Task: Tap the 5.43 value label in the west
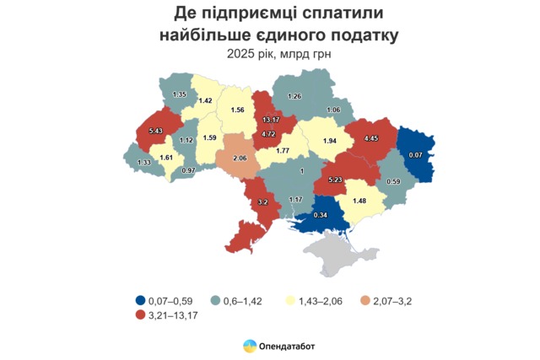(x=154, y=131)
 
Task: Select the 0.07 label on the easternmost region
(x=415, y=155)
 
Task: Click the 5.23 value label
(x=335, y=180)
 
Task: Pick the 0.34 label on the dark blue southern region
(x=320, y=215)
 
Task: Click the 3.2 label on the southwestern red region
(x=262, y=202)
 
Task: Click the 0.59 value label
(x=392, y=180)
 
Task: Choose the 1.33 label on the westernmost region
(x=143, y=162)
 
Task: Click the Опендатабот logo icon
(x=249, y=347)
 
